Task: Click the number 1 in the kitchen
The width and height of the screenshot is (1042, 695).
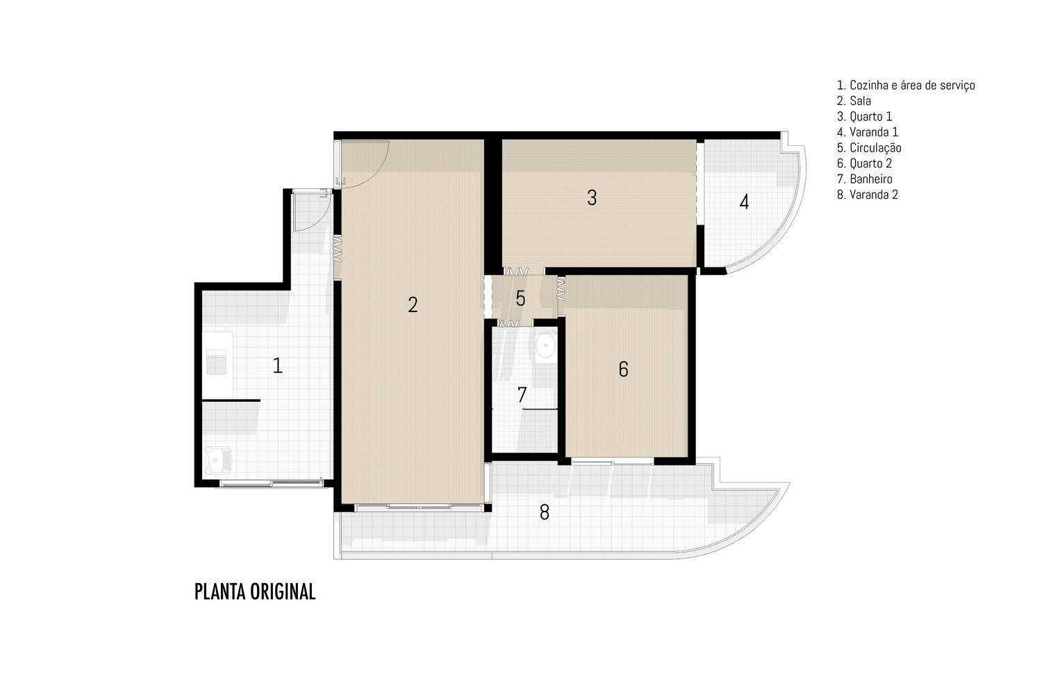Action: click(x=278, y=366)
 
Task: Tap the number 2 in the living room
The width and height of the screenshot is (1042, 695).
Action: click(x=413, y=305)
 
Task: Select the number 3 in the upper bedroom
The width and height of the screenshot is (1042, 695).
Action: click(x=592, y=198)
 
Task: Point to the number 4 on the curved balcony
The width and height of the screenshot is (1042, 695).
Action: click(x=744, y=202)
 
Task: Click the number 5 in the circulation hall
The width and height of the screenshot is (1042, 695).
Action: click(x=520, y=298)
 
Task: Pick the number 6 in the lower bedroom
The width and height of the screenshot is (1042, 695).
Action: click(x=623, y=369)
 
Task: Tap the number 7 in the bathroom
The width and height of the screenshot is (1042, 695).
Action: click(x=522, y=395)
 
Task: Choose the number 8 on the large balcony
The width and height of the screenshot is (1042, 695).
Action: click(x=544, y=512)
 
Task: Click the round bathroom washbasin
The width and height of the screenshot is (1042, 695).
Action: click(x=545, y=345)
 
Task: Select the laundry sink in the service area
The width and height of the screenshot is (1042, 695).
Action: click(x=218, y=460)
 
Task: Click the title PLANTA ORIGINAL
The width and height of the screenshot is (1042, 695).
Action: click(x=255, y=591)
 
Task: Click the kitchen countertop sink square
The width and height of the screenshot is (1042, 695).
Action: click(x=216, y=361)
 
